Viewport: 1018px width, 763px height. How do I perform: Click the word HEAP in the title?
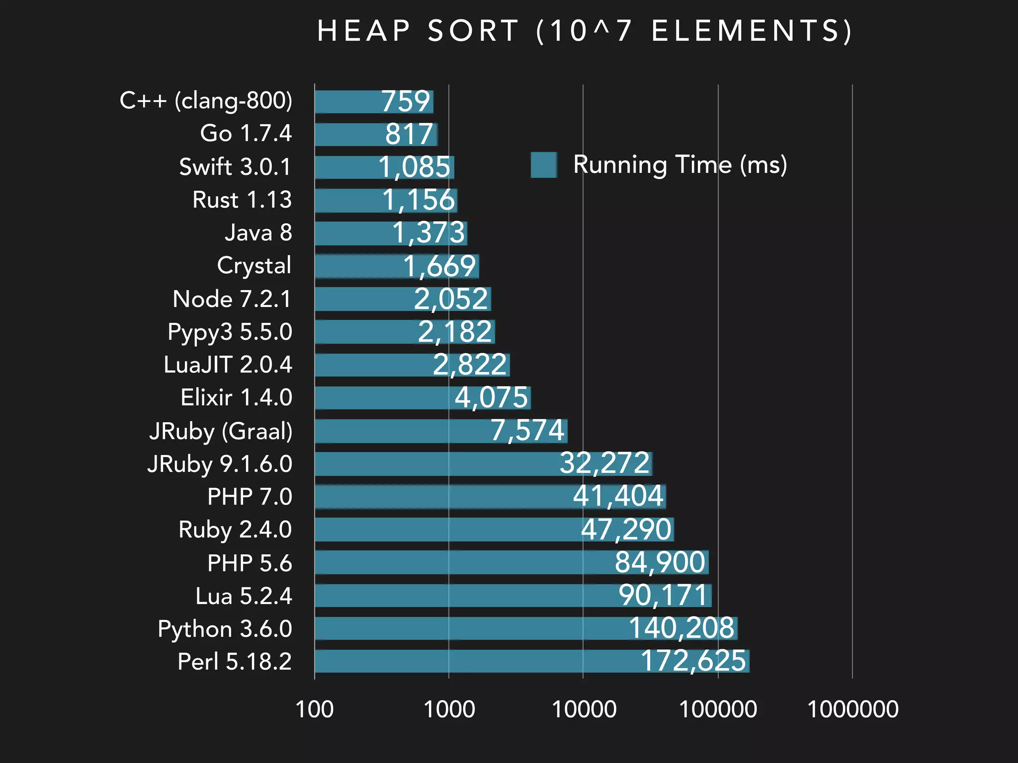point(363,31)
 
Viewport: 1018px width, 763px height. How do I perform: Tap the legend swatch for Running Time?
point(544,165)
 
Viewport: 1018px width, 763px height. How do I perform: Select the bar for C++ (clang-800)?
point(348,102)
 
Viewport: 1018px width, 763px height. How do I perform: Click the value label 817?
point(409,134)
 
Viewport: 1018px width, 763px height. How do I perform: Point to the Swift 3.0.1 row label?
point(235,167)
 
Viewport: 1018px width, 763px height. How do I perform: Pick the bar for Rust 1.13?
point(348,200)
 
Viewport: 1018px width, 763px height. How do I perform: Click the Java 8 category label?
point(258,233)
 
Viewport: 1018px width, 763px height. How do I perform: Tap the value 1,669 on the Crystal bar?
point(439,266)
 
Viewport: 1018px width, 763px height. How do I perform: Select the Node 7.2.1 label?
point(232,299)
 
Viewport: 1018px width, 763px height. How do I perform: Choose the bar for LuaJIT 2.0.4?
point(373,365)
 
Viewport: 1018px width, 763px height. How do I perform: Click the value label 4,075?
point(491,398)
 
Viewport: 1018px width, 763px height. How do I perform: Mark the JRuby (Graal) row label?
point(221,431)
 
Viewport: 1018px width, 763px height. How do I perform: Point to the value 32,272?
point(604,463)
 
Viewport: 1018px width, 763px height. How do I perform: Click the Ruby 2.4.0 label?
point(235,530)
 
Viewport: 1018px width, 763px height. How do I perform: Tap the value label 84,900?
point(660,562)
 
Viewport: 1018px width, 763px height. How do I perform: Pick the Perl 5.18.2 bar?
point(472,661)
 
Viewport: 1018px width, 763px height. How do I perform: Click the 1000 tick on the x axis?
point(449,709)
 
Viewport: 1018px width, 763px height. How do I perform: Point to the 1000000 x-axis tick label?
point(852,709)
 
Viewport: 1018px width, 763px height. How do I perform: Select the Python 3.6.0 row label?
point(225,629)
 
